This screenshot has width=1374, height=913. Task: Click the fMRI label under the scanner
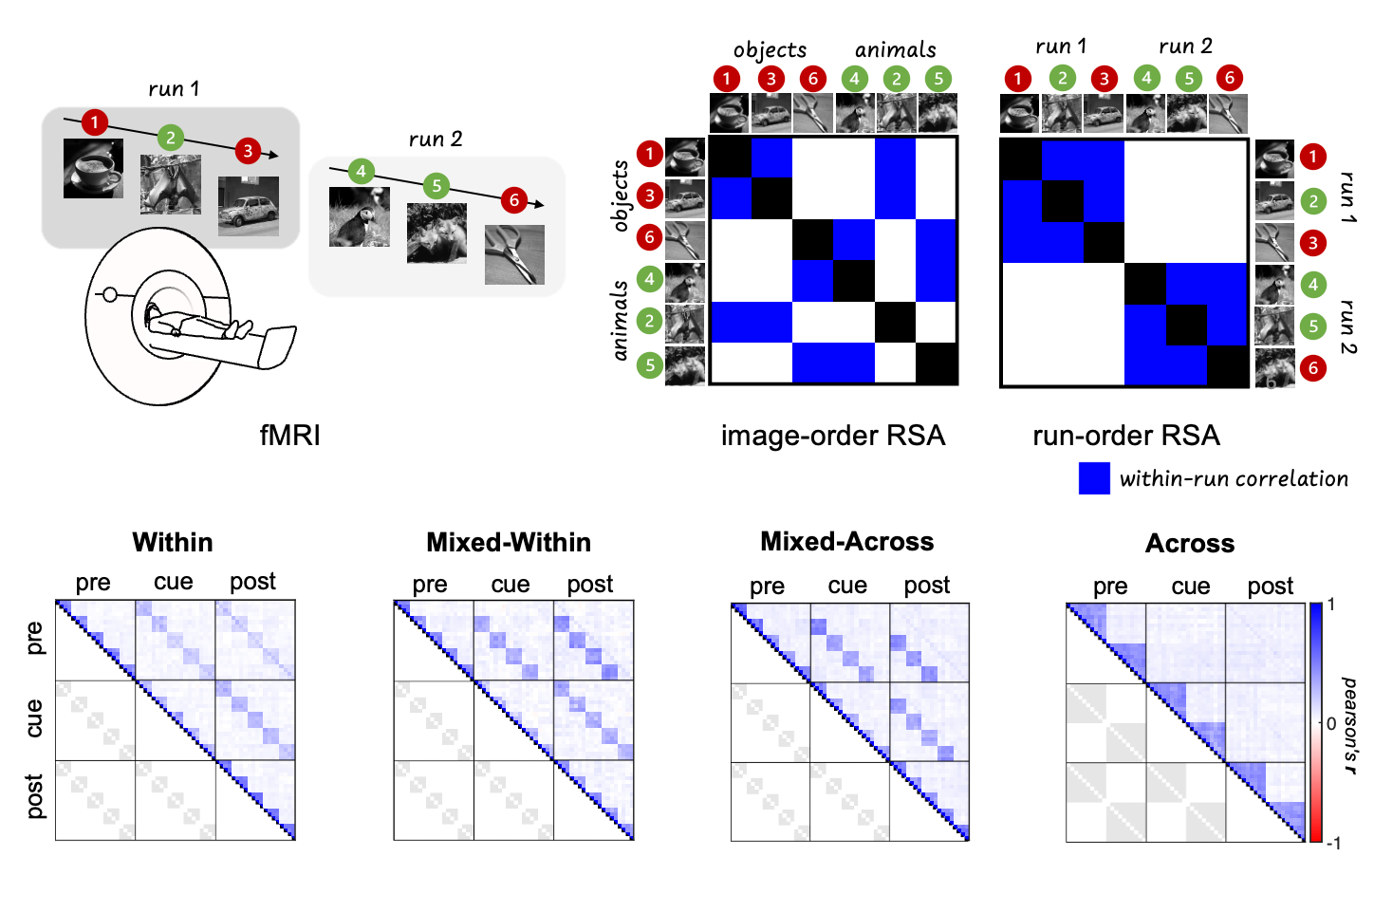pyautogui.click(x=289, y=436)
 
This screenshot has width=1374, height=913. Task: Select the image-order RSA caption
pyautogui.click(x=832, y=436)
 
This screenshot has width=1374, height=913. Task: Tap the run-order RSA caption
pyautogui.click(x=1125, y=436)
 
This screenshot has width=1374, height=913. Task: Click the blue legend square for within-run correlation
pyautogui.click(x=1094, y=478)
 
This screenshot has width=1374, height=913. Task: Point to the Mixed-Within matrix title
pyautogui.click(x=509, y=543)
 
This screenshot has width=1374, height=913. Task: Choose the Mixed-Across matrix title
pyautogui.click(x=846, y=542)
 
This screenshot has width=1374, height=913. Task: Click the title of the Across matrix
pyautogui.click(x=1190, y=544)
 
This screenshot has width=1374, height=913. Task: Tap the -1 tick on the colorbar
pyautogui.click(x=1333, y=843)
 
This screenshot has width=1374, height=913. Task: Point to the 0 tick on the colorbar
pyautogui.click(x=1331, y=723)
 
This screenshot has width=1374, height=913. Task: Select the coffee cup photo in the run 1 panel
pyautogui.click(x=93, y=169)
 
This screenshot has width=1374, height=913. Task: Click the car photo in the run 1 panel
pyautogui.click(x=249, y=206)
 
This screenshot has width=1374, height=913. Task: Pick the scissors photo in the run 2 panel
pyautogui.click(x=514, y=254)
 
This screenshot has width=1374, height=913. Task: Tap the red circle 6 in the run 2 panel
pyautogui.click(x=514, y=200)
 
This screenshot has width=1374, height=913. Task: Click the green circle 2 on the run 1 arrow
pyautogui.click(x=170, y=138)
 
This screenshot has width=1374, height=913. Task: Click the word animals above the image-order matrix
pyautogui.click(x=895, y=50)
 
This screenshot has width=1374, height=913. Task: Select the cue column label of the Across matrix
pyautogui.click(x=1190, y=587)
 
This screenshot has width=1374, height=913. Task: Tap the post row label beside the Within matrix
pyautogui.click(x=34, y=796)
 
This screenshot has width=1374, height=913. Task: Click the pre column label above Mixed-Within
pyautogui.click(x=430, y=585)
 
